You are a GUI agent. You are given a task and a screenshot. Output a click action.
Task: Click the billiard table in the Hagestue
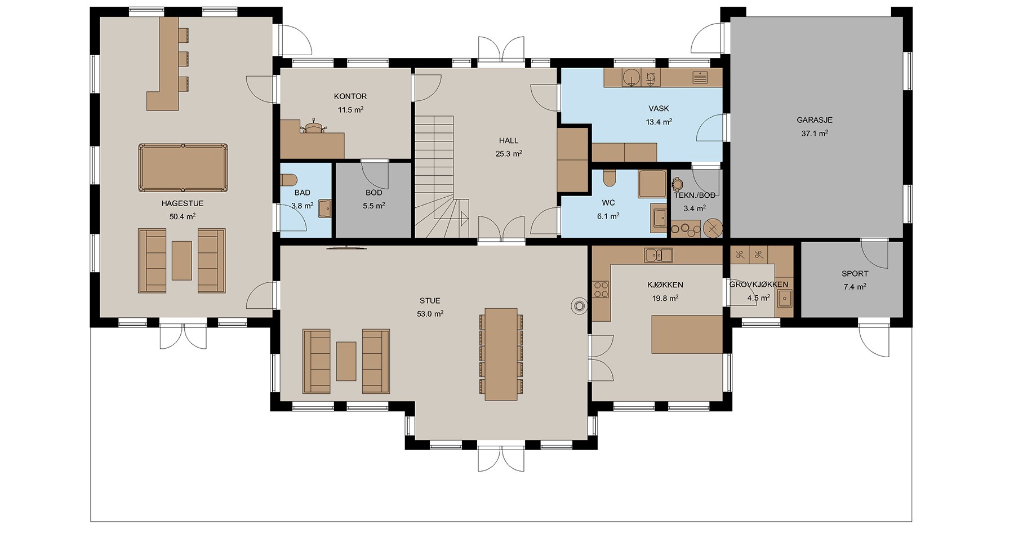183,168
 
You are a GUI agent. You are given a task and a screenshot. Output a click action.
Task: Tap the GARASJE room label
814,120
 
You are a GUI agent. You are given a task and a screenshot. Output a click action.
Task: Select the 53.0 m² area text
430,314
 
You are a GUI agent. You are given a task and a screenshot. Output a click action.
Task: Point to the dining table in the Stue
501,354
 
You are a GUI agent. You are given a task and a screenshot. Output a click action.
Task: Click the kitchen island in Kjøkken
687,334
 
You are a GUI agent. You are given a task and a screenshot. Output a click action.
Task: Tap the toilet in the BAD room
288,180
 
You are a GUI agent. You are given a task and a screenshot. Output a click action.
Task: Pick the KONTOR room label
350,96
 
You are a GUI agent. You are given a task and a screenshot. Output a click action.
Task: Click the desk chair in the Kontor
313,126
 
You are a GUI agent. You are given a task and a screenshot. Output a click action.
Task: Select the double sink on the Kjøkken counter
659,255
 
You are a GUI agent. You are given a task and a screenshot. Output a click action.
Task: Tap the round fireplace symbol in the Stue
579,305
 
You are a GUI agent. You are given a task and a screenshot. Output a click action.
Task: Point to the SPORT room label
855,274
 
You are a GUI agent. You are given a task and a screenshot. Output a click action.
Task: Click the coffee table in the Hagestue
181,260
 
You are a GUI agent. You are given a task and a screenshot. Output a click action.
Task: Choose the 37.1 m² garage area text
815,134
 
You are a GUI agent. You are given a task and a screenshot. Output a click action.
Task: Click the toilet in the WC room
608,178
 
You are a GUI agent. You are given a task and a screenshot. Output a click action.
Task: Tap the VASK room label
659,108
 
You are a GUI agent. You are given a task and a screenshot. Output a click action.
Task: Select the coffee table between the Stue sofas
346,361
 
